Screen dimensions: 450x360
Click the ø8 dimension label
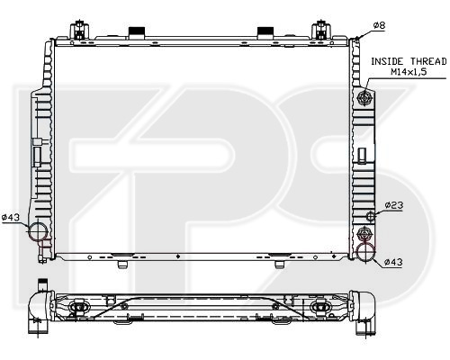coord(379,25)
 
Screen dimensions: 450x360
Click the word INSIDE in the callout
coord(387,61)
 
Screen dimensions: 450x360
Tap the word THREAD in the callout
coord(428,61)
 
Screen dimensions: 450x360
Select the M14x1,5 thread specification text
coord(409,72)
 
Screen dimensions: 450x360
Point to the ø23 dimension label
coord(394,205)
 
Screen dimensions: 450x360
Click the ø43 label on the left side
coord(11,217)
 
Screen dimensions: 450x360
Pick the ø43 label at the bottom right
coord(393,262)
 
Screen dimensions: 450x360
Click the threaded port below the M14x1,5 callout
coord(364,98)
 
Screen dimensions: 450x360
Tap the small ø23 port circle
coord(371,216)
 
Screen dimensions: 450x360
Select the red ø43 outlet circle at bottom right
coord(365,251)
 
